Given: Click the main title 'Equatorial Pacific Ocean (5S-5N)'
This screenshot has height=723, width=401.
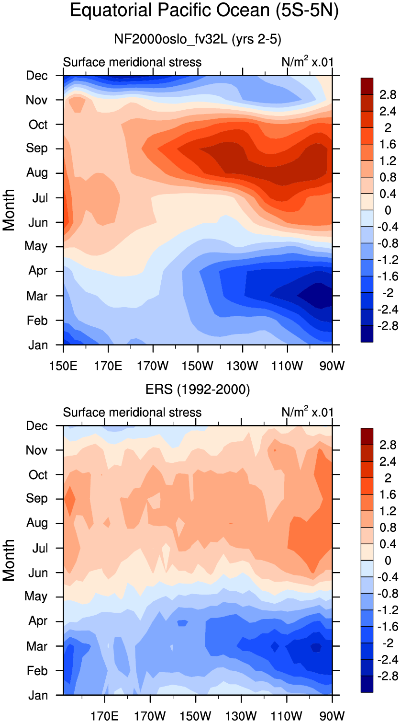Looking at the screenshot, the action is [x=204, y=11].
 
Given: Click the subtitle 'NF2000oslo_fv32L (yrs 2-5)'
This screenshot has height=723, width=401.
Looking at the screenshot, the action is [x=198, y=39].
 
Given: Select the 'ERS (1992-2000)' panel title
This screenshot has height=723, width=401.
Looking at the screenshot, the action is [x=198, y=389].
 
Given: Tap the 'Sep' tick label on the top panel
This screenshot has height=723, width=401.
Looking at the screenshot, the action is [x=37, y=148].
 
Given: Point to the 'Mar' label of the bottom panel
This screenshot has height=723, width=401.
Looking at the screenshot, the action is [x=37, y=646].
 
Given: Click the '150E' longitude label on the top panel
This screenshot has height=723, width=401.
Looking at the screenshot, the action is [x=63, y=366].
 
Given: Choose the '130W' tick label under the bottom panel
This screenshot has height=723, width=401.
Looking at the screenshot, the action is [x=241, y=716].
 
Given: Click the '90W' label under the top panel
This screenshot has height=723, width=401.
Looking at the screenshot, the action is [x=332, y=366].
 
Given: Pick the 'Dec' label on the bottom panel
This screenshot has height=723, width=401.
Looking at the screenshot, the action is [x=37, y=426].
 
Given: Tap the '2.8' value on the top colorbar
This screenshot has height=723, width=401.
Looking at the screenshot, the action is [x=388, y=95].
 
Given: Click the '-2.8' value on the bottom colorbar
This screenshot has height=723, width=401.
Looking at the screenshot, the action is [x=388, y=676].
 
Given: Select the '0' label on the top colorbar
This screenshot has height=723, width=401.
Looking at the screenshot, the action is [x=388, y=210].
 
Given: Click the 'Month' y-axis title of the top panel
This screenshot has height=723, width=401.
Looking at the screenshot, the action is [x=9, y=210].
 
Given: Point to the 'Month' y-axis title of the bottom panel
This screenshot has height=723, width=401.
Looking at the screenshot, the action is [x=9, y=560].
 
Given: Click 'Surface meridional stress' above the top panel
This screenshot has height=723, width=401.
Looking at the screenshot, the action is [x=132, y=62].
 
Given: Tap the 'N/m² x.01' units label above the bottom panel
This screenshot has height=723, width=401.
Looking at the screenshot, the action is [x=307, y=412].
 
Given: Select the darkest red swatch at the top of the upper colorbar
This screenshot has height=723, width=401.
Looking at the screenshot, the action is [x=367, y=86].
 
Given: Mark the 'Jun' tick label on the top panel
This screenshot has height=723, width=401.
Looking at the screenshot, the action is [x=38, y=223].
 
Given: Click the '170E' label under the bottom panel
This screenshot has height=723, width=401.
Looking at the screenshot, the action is [x=104, y=716].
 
